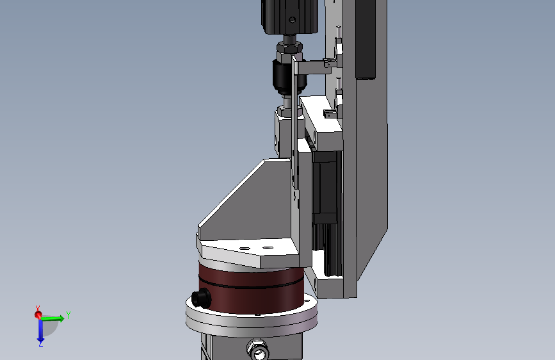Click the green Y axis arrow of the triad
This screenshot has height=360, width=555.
[x=52, y=318]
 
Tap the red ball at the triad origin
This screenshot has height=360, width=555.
[x=38, y=315]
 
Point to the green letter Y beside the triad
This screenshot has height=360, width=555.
[x=68, y=315]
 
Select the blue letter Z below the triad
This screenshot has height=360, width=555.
[x=41, y=344]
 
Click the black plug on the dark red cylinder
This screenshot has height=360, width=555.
[x=201, y=298]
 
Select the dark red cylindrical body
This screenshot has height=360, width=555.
[x=252, y=287]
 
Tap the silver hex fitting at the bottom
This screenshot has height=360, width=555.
[x=259, y=350]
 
